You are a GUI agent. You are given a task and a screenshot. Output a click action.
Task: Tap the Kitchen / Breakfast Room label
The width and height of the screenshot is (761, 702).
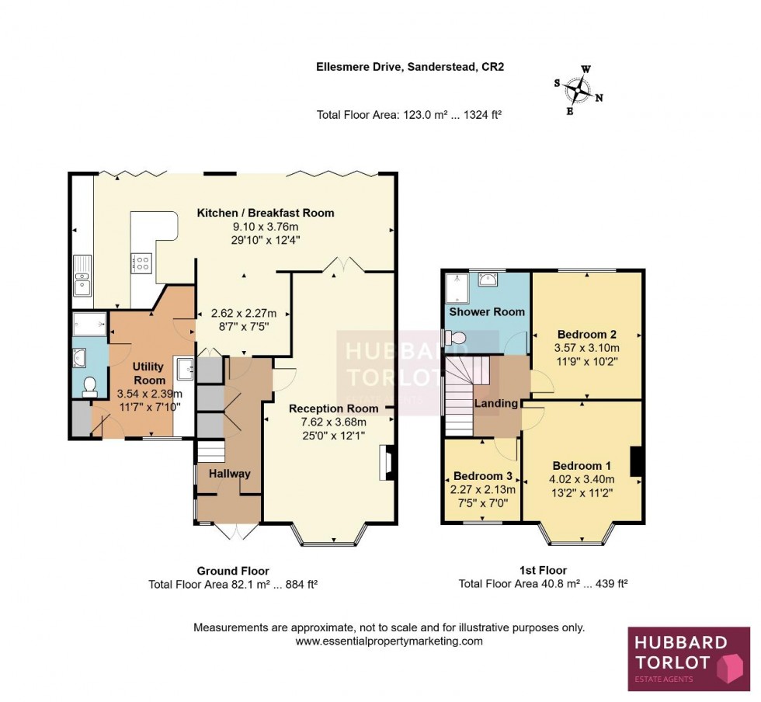coord(266,213)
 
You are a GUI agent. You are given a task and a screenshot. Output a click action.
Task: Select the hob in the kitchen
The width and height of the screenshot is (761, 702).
coord(142,263)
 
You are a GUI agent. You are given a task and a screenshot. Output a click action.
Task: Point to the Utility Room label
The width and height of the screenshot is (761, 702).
coord(149,373)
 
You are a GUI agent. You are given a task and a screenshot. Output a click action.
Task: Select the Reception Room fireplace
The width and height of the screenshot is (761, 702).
coord(386,464)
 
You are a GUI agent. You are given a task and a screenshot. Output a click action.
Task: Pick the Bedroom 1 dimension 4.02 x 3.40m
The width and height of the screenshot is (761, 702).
coord(583,479)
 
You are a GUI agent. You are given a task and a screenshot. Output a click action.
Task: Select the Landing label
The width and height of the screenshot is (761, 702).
coord(496,404)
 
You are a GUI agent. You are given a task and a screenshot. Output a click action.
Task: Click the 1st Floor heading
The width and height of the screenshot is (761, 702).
coord(544,570)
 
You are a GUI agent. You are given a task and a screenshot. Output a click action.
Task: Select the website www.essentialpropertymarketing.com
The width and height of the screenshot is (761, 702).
coord(389,641)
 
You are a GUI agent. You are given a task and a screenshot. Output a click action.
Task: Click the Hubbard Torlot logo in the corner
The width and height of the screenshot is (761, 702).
coord(689,658)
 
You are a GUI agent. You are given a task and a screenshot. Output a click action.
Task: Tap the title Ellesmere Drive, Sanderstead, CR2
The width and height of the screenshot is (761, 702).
coord(410,68)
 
